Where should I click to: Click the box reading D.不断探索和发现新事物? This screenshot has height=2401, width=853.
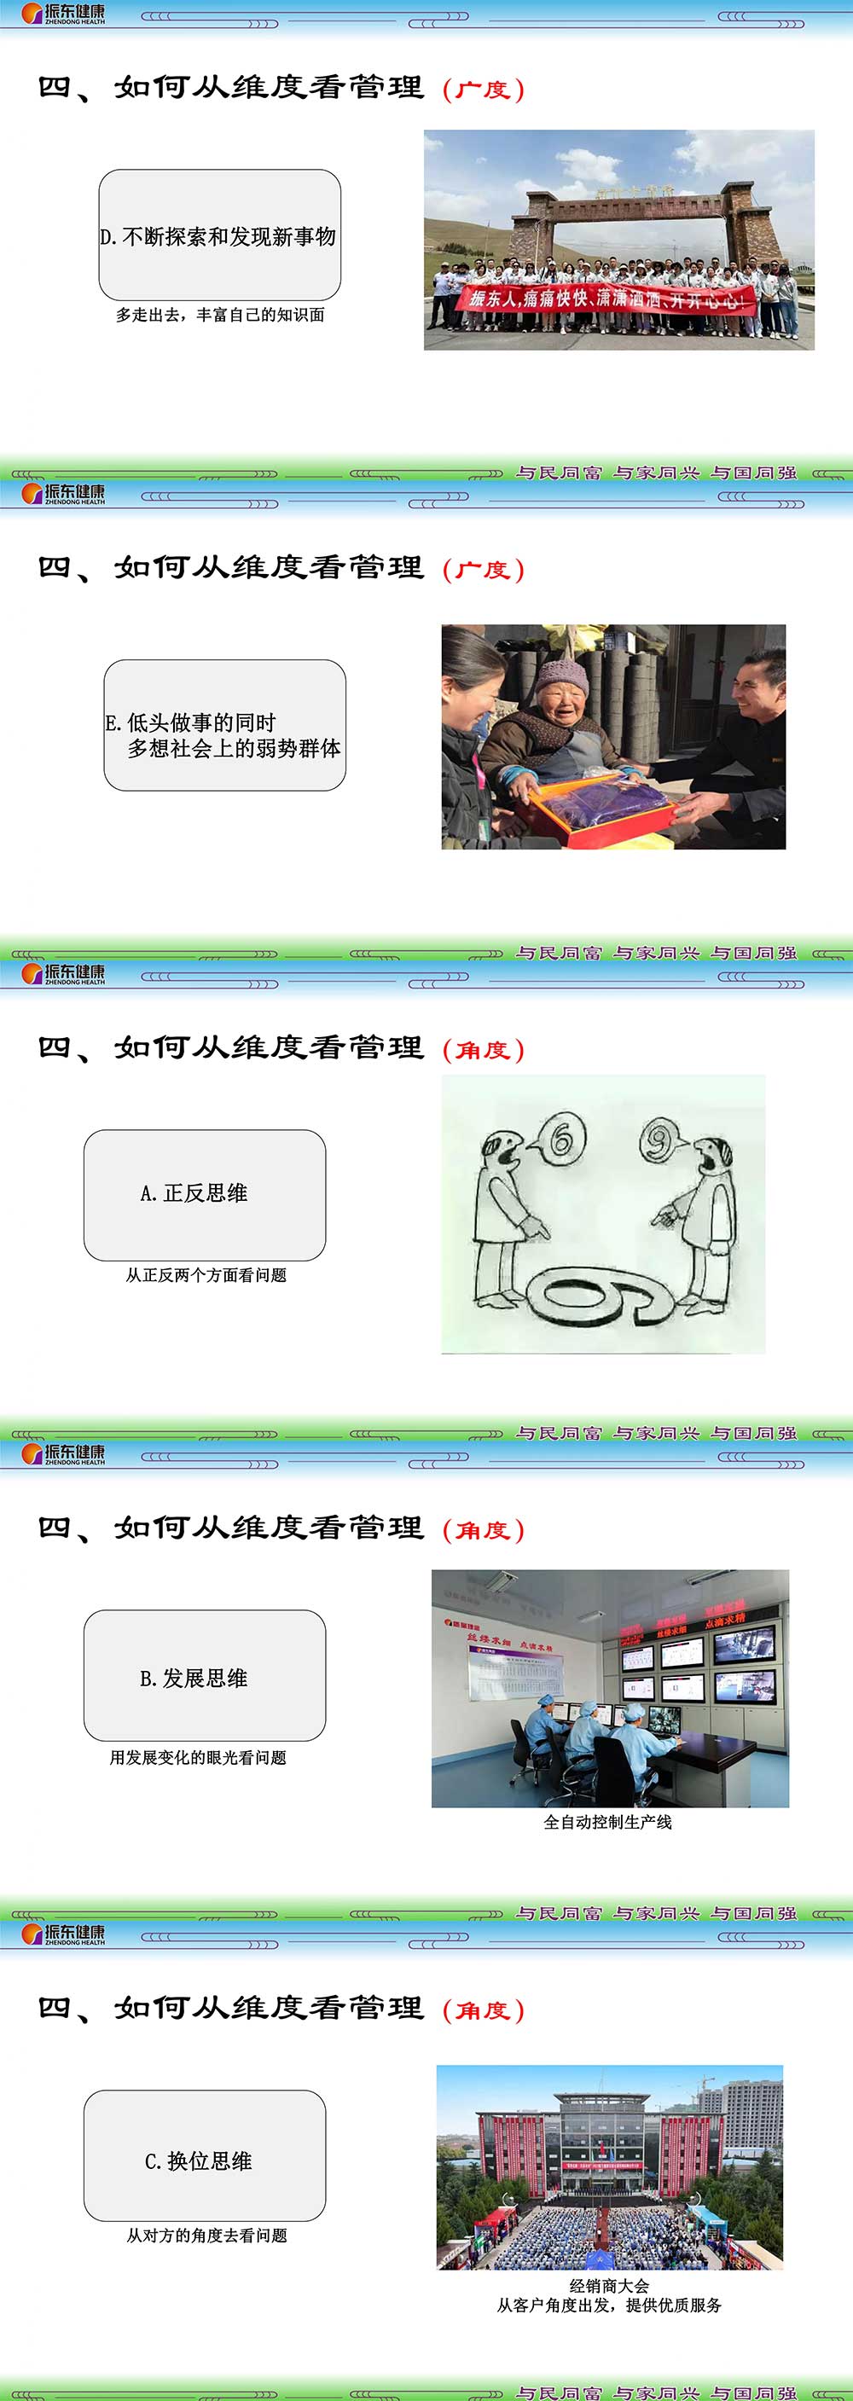click(219, 235)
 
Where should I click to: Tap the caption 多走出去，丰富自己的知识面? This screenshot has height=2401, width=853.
click(220, 315)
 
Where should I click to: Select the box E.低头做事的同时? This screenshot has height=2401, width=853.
click(224, 725)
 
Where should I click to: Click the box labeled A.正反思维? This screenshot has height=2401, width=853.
click(204, 1194)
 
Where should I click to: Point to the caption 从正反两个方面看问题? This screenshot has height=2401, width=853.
click(206, 1275)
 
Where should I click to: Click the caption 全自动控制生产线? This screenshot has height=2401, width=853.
click(608, 1821)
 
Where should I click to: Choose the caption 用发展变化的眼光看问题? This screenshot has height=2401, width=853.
click(198, 1757)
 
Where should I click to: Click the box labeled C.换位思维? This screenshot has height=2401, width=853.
click(204, 2160)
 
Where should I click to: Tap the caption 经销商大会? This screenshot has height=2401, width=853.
click(609, 2285)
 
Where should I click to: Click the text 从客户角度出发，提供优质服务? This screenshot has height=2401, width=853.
click(609, 2305)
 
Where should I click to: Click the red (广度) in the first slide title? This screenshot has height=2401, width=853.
click(483, 90)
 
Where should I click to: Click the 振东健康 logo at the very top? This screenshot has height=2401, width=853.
click(63, 13)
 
